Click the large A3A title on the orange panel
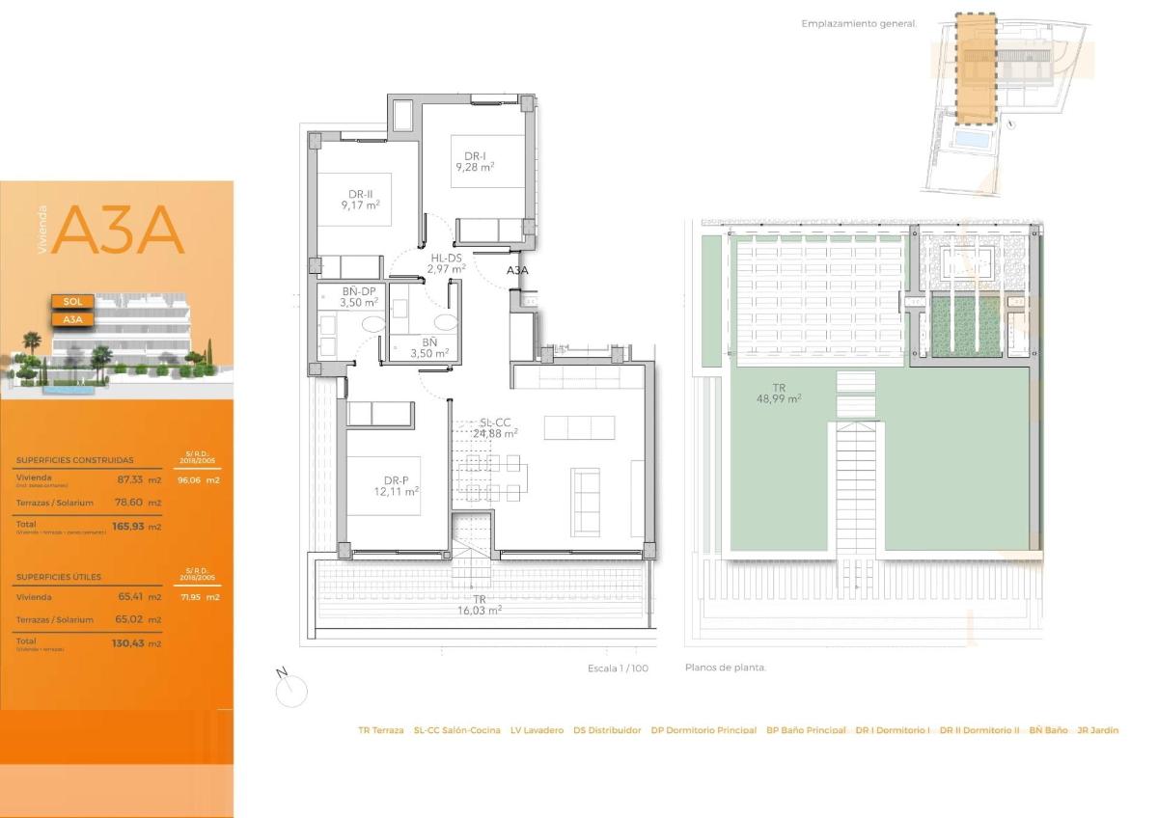(118, 232)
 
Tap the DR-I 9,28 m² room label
(475, 161)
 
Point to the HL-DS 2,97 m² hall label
(447, 263)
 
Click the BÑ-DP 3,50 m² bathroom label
(358, 296)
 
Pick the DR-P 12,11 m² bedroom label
(399, 485)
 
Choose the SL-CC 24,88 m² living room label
(495, 427)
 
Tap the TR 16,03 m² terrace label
(480, 604)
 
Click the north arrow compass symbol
(290, 690)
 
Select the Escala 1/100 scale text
(617, 668)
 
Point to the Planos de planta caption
(725, 668)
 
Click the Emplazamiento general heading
(859, 23)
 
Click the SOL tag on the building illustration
(71, 301)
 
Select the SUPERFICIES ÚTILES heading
(60, 577)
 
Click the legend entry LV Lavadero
(537, 730)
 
